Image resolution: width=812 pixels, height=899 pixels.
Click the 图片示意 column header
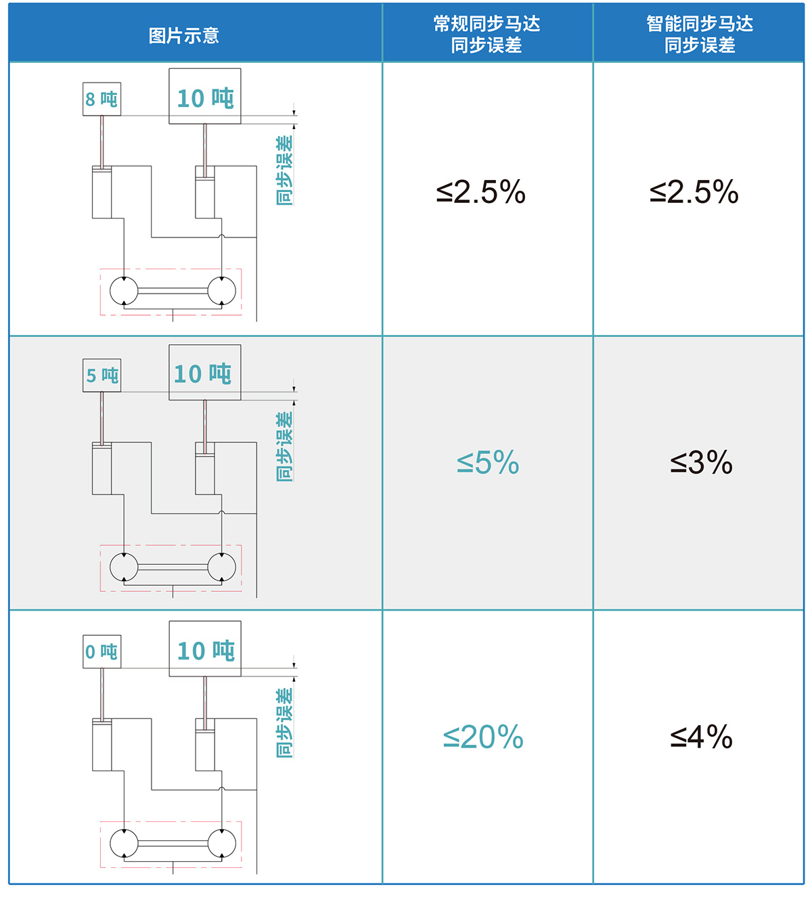pyautogui.click(x=183, y=36)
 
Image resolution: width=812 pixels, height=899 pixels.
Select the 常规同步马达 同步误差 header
pyautogui.click(x=487, y=34)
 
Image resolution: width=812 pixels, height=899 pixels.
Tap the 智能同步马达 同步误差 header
pyautogui.click(x=700, y=34)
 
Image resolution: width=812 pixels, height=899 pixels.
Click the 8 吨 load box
pyautogui.click(x=101, y=99)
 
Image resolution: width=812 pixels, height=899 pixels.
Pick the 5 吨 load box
pyautogui.click(x=101, y=375)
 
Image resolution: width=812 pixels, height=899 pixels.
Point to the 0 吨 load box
pyautogui.click(x=101, y=651)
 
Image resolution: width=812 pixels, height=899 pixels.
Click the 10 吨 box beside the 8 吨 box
pyautogui.click(x=205, y=96)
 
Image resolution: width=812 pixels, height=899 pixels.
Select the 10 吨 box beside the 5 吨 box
pyautogui.click(x=205, y=373)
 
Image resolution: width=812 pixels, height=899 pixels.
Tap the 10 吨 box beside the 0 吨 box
pyautogui.click(x=205, y=649)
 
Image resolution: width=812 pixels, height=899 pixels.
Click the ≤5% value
pyautogui.click(x=488, y=463)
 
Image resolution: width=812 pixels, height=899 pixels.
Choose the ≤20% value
pyautogui.click(x=483, y=737)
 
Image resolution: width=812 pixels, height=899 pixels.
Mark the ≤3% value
pyautogui.click(x=701, y=463)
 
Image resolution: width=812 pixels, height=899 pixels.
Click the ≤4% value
pyautogui.click(x=701, y=737)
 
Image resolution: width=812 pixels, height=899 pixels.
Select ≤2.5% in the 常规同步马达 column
pyautogui.click(x=480, y=192)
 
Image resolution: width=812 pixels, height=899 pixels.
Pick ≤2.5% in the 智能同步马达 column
pyautogui.click(x=694, y=192)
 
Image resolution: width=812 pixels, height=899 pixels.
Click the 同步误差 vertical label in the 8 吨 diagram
pyautogui.click(x=284, y=170)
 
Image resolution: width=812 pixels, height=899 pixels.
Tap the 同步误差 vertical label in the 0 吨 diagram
pyautogui.click(x=284, y=723)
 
